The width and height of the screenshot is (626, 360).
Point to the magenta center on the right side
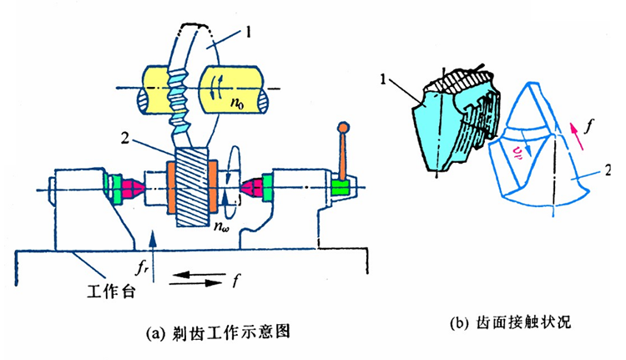(250, 189)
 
